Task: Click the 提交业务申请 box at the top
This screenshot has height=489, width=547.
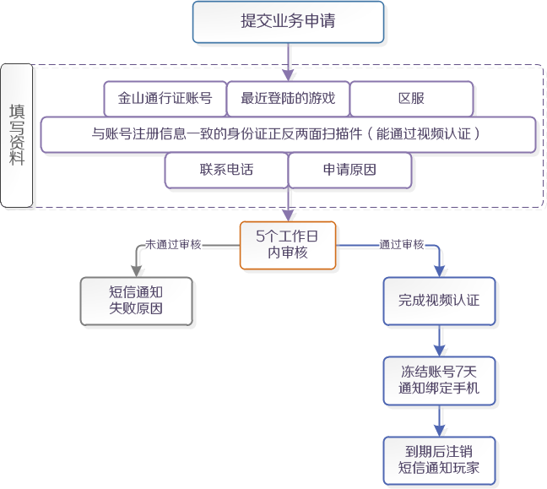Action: coord(288,22)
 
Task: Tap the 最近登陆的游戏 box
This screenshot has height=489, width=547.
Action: coord(288,99)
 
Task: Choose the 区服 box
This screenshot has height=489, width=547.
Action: coord(411,99)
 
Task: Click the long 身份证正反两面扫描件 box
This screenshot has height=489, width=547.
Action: coord(288,134)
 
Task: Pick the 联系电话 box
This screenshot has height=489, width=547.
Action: coord(226,170)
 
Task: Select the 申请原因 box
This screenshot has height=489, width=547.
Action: coord(349,170)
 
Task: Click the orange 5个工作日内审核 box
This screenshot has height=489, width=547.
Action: coord(288,245)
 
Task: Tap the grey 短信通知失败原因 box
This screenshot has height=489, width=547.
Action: coord(136,301)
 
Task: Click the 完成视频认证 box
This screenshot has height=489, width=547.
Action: coord(439,301)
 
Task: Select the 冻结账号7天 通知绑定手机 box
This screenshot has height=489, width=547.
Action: coord(439,380)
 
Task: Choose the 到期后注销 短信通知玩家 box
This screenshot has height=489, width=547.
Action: coord(439,460)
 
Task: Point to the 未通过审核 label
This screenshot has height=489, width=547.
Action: coord(173,244)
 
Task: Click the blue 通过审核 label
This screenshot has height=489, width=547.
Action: coord(401,244)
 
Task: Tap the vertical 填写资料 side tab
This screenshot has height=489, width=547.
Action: coord(17,135)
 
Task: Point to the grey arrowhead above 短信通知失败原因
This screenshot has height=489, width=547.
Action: coord(136,270)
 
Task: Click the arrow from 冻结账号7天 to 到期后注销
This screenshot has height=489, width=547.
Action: coord(439,421)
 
